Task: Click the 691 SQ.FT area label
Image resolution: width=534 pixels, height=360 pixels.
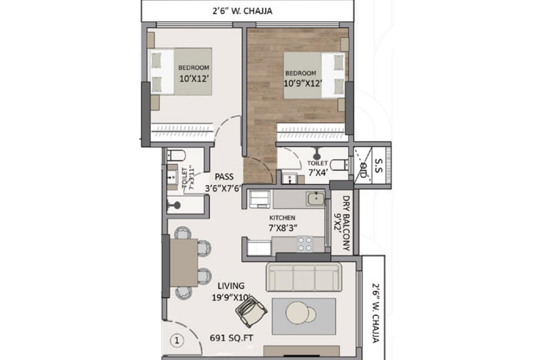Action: tap(231, 338)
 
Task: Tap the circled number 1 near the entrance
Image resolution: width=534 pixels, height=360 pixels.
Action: tap(177, 340)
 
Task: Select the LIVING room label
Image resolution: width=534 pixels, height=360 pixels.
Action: tap(231, 286)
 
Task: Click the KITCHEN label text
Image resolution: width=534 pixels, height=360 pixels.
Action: tap(282, 218)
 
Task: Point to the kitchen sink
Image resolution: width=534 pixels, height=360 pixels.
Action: tap(315, 199)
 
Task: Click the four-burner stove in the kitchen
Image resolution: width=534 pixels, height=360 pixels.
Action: tap(305, 244)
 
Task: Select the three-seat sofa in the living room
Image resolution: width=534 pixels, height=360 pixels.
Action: tap(303, 277)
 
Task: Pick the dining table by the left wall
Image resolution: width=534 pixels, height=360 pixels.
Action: tap(184, 262)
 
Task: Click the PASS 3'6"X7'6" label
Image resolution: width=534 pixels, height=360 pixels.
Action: tap(224, 183)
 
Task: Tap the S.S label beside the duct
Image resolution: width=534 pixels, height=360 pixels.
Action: tap(378, 166)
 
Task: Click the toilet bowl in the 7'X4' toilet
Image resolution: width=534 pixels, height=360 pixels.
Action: tap(338, 164)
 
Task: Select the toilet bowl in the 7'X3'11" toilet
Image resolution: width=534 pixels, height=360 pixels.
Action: tap(174, 155)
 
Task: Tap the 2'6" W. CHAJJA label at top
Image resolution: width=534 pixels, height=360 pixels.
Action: tap(242, 11)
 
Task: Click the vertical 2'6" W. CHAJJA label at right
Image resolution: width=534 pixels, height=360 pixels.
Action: tap(375, 313)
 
